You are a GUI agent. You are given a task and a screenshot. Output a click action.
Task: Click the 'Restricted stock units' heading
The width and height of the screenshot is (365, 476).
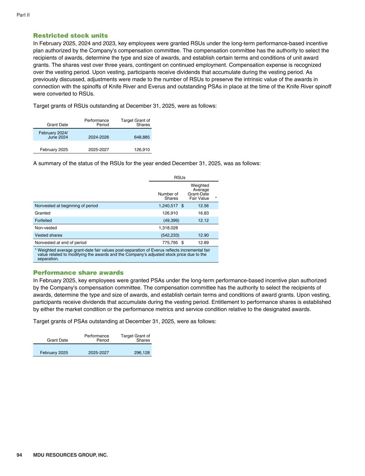70,36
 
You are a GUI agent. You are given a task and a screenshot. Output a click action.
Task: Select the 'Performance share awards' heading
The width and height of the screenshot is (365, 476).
78,273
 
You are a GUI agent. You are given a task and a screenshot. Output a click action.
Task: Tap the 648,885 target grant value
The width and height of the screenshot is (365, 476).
142,137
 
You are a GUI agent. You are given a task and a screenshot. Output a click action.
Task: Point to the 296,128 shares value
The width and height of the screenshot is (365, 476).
142,353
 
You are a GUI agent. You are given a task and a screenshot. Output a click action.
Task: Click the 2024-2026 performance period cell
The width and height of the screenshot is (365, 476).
99,137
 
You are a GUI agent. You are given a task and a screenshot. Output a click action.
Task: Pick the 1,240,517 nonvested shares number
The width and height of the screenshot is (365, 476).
168,206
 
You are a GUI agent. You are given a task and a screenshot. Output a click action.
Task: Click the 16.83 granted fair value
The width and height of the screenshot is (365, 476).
203,213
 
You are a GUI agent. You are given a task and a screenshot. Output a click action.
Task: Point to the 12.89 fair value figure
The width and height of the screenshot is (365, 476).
203,242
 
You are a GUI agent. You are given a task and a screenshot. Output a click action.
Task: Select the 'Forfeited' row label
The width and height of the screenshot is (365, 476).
43,220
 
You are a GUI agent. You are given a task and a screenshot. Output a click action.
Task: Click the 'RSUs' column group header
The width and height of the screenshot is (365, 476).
180,177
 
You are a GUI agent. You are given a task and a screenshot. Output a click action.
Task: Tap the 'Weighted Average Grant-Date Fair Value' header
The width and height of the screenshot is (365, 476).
199,192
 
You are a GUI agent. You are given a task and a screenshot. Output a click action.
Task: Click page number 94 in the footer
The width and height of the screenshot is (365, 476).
19,455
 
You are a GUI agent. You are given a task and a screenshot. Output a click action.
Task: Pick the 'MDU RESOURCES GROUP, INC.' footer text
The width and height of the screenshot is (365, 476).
70,455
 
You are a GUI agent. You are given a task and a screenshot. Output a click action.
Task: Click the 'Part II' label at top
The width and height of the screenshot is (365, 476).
23,15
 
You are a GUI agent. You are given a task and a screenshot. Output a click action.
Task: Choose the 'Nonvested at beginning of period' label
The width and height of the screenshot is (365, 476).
66,206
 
